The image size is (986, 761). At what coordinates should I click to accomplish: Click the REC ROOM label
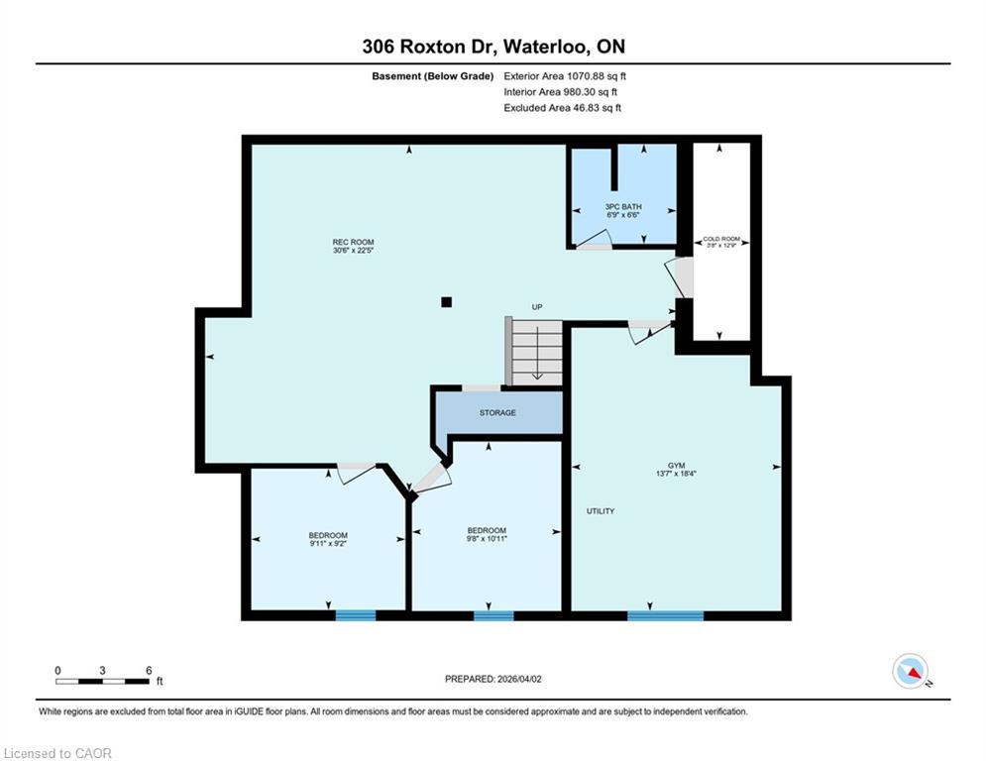pyautogui.click(x=353, y=242)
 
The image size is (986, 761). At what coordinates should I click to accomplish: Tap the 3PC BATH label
pyautogui.click(x=623, y=206)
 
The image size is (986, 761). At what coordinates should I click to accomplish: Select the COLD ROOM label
pyautogui.click(x=721, y=239)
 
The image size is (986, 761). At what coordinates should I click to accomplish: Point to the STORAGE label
pyautogui.click(x=497, y=412)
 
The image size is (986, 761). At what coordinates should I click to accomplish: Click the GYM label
pyautogui.click(x=676, y=466)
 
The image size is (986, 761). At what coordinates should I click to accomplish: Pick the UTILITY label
pyautogui.click(x=601, y=510)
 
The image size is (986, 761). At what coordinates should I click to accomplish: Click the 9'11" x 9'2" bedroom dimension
pyautogui.click(x=328, y=543)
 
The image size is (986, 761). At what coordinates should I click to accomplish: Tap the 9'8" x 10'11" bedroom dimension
pyautogui.click(x=487, y=538)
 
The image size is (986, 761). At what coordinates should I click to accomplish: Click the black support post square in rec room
pyautogui.click(x=447, y=302)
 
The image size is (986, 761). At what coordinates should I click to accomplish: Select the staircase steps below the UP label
pyautogui.click(x=536, y=351)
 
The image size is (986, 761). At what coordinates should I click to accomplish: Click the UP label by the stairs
pyautogui.click(x=537, y=307)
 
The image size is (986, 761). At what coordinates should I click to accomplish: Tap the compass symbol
pyautogui.click(x=911, y=671)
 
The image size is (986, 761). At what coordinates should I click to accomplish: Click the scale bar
pyautogui.click(x=102, y=681)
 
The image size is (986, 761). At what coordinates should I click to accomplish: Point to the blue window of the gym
pyautogui.click(x=665, y=615)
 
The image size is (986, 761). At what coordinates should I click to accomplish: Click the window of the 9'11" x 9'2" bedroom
pyautogui.click(x=356, y=615)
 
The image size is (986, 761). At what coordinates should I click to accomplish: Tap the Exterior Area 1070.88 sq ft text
pyautogui.click(x=565, y=76)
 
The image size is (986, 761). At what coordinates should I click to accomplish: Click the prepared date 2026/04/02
pyautogui.click(x=519, y=679)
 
